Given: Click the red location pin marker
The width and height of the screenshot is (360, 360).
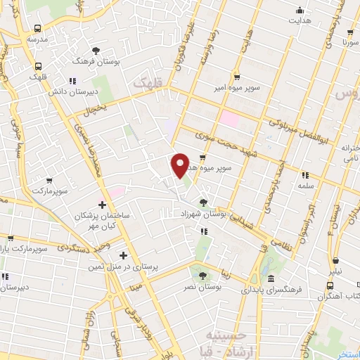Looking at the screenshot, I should tap(181, 165).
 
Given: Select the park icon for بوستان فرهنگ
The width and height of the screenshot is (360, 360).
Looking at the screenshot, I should tap(96, 50).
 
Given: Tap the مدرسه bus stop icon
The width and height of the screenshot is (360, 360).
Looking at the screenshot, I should tap(36, 29).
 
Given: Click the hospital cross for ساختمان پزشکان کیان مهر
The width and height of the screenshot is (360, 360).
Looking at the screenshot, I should tap(103, 205).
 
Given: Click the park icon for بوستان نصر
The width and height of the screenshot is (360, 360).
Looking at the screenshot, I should tap(203, 276).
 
